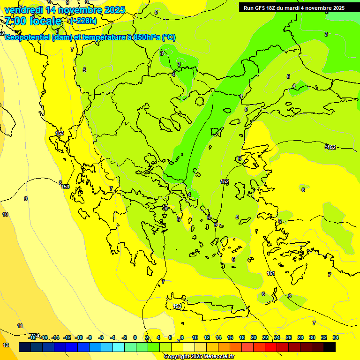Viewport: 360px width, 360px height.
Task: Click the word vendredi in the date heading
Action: [x=24, y=10]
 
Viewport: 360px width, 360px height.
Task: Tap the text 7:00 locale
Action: [x=33, y=21]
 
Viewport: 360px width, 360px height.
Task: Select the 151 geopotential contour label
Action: [x=271, y=273]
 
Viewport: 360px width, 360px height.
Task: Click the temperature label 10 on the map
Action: [x=5, y=214]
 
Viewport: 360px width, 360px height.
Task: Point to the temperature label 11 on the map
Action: [x=20, y=326]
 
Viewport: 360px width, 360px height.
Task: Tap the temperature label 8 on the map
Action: [x=60, y=183]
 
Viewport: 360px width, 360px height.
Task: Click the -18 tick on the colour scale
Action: [x=32, y=337]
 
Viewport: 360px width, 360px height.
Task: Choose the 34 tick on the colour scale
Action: [x=336, y=337]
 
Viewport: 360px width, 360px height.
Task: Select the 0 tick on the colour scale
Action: [x=135, y=337]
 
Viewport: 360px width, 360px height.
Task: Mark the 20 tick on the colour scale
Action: [x=254, y=337]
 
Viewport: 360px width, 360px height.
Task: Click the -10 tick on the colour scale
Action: [x=79, y=337]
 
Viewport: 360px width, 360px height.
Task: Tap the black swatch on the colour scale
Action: [x=330, y=347]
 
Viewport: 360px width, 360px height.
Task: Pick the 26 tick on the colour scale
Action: [x=289, y=337]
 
